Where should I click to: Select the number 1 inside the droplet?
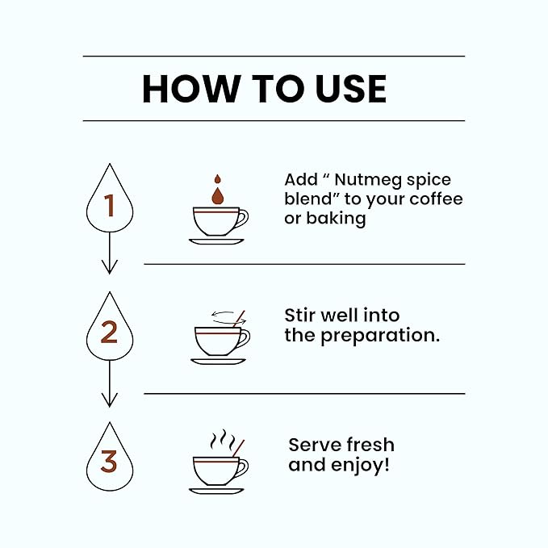[110, 205]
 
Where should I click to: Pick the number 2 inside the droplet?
[109, 332]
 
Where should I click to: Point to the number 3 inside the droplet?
[109, 462]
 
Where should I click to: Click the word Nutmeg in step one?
[368, 180]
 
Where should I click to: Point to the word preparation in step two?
[380, 337]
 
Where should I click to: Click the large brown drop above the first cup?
[217, 196]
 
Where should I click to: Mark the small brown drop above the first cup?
[217, 179]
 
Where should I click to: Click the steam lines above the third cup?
[223, 441]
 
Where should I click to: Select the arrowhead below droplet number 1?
[110, 267]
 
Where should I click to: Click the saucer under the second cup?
[218, 362]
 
